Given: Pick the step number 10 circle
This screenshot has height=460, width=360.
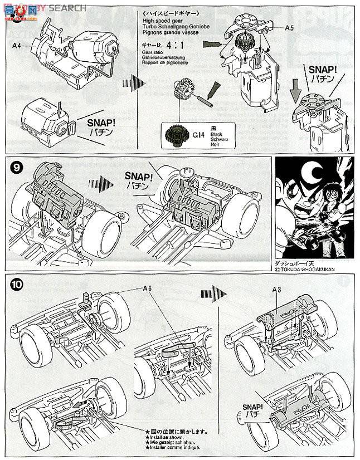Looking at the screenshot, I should pyautogui.click(x=18, y=283).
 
